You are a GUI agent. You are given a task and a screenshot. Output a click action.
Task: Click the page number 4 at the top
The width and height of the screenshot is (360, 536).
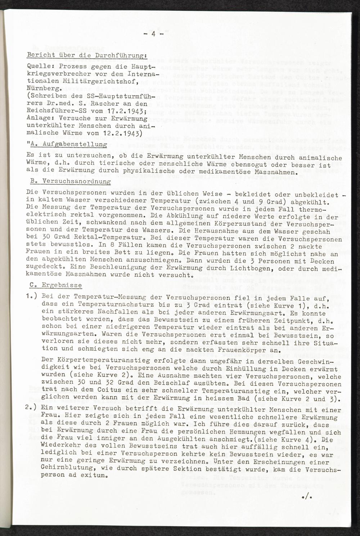[153, 35]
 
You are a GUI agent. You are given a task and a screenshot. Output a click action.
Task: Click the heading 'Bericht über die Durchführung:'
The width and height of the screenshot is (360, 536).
[86, 56]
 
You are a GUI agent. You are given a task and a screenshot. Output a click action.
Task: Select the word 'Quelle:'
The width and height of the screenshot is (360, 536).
[39, 67]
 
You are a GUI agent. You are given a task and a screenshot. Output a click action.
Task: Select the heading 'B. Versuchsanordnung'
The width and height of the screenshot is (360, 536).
[69, 182]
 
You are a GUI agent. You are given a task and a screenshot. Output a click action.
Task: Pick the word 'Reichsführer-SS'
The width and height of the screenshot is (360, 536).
[53, 108]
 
